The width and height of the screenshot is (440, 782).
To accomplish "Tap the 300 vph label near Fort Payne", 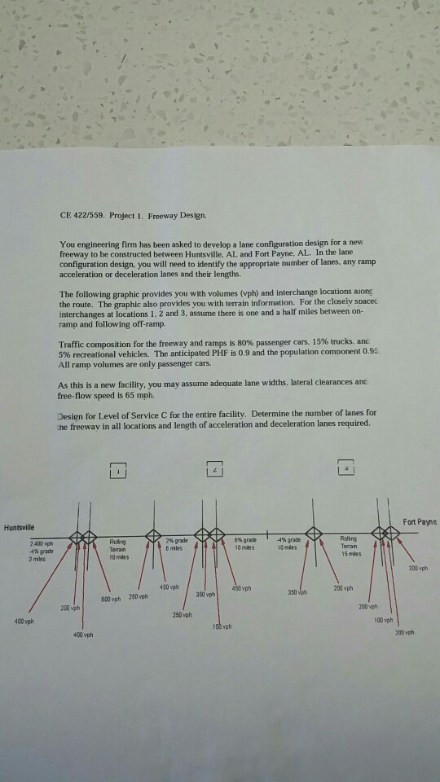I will [x=416, y=569].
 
